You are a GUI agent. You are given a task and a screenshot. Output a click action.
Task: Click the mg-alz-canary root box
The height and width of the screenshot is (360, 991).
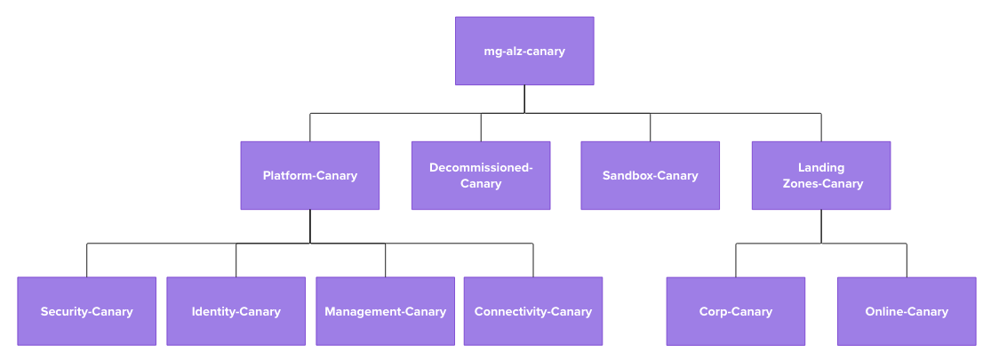[x=524, y=51]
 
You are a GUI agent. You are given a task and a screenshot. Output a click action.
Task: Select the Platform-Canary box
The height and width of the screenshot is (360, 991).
[x=309, y=175]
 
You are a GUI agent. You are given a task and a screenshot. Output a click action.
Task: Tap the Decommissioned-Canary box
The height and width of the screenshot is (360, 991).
[x=481, y=175]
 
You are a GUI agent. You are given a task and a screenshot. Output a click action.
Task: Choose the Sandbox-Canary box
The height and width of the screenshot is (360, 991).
[x=650, y=175]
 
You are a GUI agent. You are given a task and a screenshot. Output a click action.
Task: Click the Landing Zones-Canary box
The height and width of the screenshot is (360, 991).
[x=821, y=175]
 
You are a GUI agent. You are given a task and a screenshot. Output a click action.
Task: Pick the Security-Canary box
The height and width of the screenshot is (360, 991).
[x=86, y=311]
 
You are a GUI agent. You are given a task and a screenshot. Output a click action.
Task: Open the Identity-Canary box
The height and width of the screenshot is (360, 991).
[x=236, y=311]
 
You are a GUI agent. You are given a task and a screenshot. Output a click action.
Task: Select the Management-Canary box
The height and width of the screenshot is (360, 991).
[x=385, y=311]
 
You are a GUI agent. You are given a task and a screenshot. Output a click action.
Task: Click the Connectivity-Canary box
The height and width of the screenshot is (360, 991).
[x=533, y=311]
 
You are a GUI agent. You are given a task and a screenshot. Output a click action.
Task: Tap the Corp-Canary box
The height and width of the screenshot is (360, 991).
[x=736, y=311]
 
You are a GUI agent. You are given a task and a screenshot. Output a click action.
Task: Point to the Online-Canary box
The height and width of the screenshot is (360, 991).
[x=907, y=311]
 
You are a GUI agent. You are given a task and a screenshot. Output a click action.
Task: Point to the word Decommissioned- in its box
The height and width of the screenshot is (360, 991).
[x=481, y=167]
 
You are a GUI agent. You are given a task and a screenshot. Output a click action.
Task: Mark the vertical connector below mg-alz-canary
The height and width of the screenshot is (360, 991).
[x=524, y=99]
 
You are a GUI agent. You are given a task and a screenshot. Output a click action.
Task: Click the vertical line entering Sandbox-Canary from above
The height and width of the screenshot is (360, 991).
[x=650, y=127]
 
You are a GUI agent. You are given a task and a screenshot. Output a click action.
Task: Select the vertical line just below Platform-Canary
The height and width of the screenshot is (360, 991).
[x=310, y=226]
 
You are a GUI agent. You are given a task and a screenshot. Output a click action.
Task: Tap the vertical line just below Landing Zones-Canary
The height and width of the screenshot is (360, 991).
[x=821, y=226]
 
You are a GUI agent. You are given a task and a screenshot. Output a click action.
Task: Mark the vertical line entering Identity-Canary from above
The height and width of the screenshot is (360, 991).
[x=236, y=260]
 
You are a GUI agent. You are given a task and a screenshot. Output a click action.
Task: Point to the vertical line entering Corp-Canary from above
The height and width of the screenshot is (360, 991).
[x=736, y=260]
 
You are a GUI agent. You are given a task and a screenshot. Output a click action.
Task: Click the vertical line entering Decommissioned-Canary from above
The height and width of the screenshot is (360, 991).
[x=481, y=127]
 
